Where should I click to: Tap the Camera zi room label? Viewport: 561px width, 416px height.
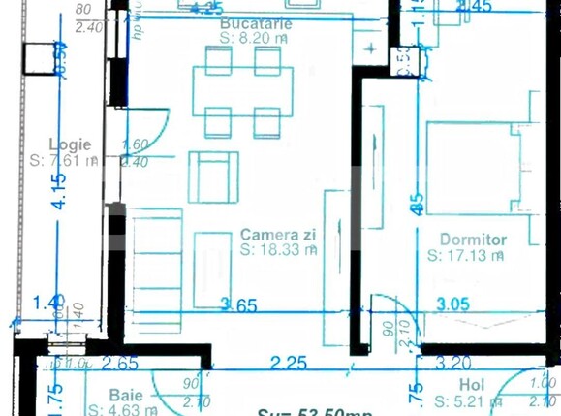point(276,235)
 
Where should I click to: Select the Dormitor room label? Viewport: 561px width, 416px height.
point(473,240)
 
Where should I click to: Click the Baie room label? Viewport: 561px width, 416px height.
point(126,395)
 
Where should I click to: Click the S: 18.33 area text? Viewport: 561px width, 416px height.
point(279,249)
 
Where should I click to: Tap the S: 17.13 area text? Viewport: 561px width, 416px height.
point(466,256)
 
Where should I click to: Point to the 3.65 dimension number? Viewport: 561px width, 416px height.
point(238,306)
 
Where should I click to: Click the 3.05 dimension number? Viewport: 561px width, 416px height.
point(453,304)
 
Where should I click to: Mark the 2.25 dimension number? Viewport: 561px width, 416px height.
point(289,364)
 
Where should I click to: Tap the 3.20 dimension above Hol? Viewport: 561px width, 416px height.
point(453,364)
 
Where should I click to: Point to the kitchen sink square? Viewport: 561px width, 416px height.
point(369,48)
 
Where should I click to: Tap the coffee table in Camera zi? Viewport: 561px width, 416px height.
point(213,269)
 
